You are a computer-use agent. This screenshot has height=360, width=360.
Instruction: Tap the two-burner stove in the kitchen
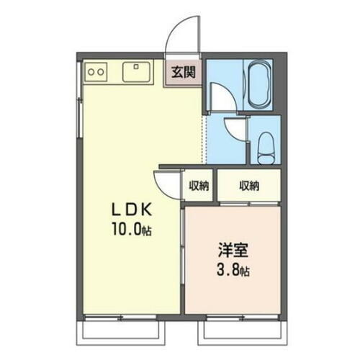[x=96, y=71]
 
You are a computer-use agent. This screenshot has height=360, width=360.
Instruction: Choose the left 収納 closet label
[x=199, y=186]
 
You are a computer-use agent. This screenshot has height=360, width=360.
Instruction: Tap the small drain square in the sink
[x=137, y=66]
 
